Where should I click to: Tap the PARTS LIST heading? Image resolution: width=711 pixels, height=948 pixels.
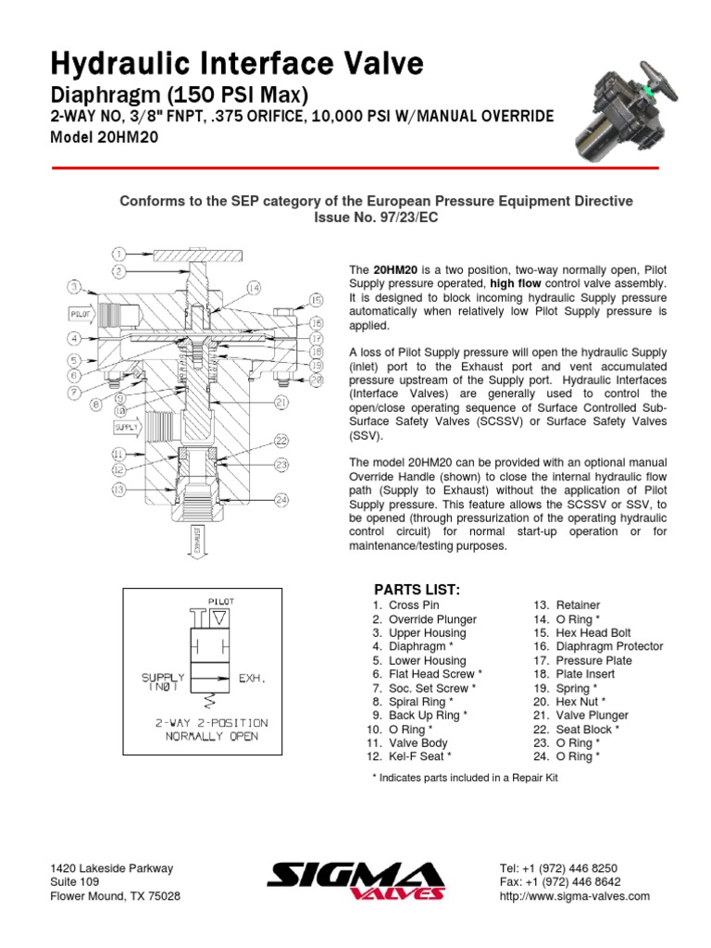417,590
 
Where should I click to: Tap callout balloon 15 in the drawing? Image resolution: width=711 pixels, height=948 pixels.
316,300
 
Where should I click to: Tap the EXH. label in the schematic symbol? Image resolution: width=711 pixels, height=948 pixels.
253,678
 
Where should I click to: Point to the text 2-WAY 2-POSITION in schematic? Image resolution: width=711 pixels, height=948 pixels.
212,721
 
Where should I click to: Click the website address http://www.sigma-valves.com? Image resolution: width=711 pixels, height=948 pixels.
574,896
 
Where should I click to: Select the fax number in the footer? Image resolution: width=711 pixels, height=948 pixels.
559,882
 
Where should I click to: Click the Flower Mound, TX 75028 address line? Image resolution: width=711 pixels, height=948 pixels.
115,896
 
